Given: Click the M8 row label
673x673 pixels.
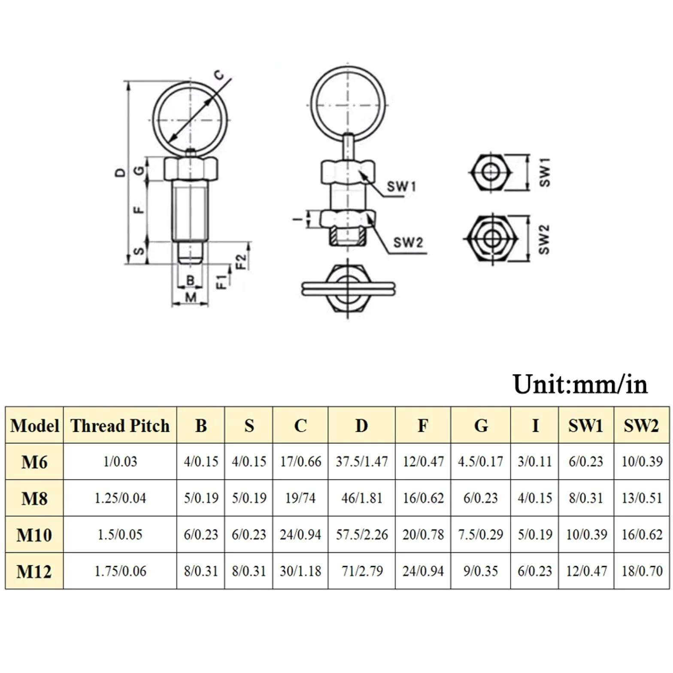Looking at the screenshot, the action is click(34, 498).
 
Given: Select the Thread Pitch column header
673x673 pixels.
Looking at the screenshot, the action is click(120, 426).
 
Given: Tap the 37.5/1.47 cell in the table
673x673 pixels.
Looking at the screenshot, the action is click(362, 462).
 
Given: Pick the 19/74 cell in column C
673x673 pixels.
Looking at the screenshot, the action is click(300, 498).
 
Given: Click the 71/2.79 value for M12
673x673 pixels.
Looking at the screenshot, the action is click(362, 571).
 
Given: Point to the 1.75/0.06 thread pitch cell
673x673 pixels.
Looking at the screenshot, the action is click(120, 571).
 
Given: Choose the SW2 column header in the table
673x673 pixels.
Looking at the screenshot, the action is click(641, 426).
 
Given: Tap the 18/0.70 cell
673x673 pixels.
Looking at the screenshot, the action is click(642, 571).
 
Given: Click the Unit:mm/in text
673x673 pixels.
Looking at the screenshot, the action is click(580, 384).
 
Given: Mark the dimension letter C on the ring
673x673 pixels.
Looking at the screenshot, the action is click(219, 76).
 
